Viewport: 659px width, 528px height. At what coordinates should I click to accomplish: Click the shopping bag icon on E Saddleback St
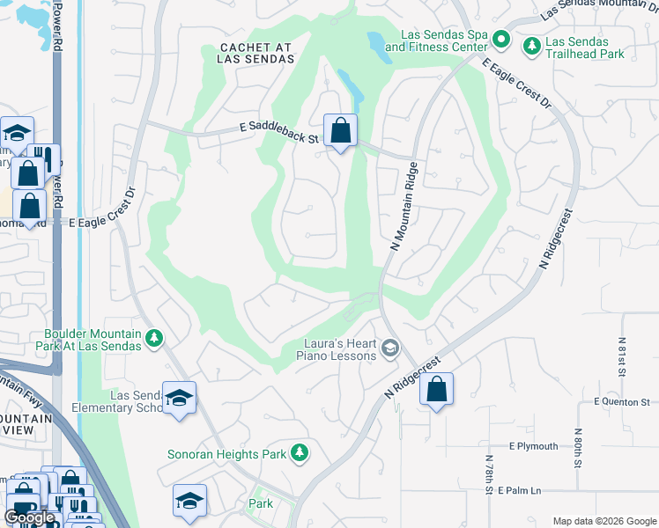[340, 131]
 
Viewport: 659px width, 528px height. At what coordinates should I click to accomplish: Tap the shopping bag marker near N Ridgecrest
[436, 389]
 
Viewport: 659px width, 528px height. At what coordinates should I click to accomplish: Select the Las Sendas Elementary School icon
[179, 399]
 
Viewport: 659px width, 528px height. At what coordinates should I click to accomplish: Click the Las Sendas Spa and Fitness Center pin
[501, 40]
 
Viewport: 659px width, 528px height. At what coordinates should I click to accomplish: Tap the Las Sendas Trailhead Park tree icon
[532, 44]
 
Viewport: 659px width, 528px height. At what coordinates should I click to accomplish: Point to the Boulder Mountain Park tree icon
[154, 338]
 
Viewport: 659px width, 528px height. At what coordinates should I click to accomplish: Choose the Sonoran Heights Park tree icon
[300, 452]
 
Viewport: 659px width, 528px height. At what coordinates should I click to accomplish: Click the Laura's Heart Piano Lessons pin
[389, 349]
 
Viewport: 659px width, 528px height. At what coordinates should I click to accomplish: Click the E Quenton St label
[626, 401]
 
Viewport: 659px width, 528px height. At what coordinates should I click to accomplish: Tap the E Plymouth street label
[533, 447]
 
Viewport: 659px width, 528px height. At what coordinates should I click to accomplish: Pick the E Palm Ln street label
[531, 489]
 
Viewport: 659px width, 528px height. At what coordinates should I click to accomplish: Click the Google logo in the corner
[30, 517]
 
